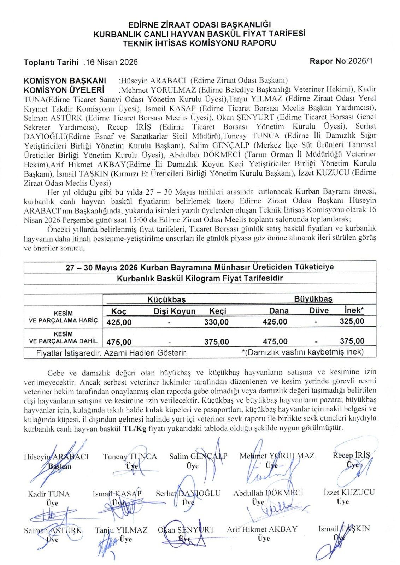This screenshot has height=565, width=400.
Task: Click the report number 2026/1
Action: [360, 61]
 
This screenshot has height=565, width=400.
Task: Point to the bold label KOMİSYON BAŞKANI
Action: [65, 81]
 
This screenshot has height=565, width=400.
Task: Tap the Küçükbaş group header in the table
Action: [166, 299]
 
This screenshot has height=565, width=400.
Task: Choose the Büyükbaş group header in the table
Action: [313, 299]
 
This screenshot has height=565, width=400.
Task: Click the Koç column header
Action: [119, 311]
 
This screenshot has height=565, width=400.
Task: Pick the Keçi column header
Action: [218, 311]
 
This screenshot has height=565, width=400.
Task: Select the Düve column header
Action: [319, 310]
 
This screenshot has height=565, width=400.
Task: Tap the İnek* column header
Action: [354, 310]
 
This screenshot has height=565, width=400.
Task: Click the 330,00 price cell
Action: [216, 322]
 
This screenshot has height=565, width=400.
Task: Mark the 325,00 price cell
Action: [352, 321]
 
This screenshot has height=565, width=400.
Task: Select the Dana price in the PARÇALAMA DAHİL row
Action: [275, 341]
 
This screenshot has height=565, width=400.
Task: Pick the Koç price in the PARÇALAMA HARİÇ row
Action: [119, 322]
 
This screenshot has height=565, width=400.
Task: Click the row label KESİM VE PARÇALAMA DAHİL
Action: [63, 338]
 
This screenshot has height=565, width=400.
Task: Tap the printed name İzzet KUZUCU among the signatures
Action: [349, 492]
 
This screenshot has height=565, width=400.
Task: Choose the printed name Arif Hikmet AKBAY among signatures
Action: [262, 529]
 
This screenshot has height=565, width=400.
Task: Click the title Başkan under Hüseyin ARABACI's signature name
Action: [60, 466]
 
